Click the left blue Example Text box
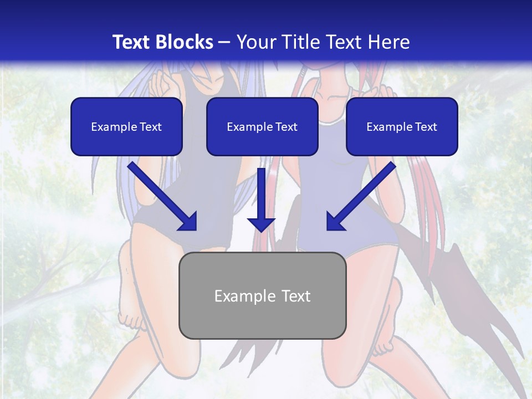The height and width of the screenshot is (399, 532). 126,126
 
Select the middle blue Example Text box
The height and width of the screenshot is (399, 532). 262,126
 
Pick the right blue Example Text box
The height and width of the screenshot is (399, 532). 402,126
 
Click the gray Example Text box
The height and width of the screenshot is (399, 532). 262,295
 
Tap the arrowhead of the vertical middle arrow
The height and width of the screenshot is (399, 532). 261,224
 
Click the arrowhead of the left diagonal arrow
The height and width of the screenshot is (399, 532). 188,221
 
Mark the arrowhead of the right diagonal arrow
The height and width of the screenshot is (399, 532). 335,221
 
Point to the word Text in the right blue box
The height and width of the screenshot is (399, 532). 426,127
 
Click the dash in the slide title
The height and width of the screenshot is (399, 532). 224,43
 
